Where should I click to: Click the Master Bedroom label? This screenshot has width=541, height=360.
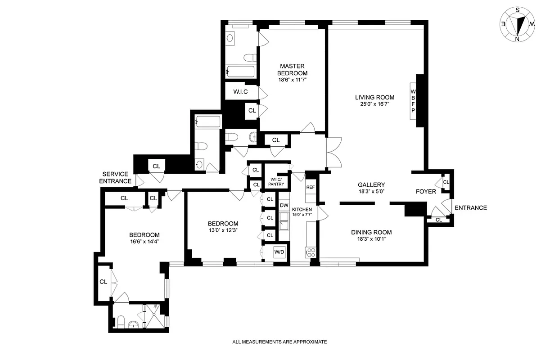point(292,70)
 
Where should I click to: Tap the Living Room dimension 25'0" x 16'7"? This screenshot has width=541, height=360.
point(374,104)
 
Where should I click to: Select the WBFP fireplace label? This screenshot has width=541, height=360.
point(413,101)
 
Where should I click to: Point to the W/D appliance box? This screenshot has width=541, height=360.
point(280,252)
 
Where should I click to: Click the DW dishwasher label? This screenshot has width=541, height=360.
point(284,206)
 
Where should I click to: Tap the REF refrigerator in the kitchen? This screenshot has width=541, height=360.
point(311,188)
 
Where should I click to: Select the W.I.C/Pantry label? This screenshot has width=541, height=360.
point(275,182)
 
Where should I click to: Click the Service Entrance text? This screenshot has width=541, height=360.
point(115,177)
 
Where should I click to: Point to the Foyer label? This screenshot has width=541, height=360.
point(425,191)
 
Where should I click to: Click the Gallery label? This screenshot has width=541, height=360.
point(371,184)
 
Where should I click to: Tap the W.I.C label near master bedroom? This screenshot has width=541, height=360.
point(241,92)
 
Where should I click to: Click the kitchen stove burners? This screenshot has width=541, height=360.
point(310,252)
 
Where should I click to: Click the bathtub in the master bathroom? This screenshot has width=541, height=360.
point(240,71)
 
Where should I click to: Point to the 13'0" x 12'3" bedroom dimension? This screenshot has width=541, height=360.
point(223,230)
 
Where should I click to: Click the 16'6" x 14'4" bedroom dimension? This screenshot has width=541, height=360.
point(144,241)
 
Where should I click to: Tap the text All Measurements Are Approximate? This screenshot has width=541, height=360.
point(279,342)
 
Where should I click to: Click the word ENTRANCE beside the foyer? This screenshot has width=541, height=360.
point(471,208)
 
